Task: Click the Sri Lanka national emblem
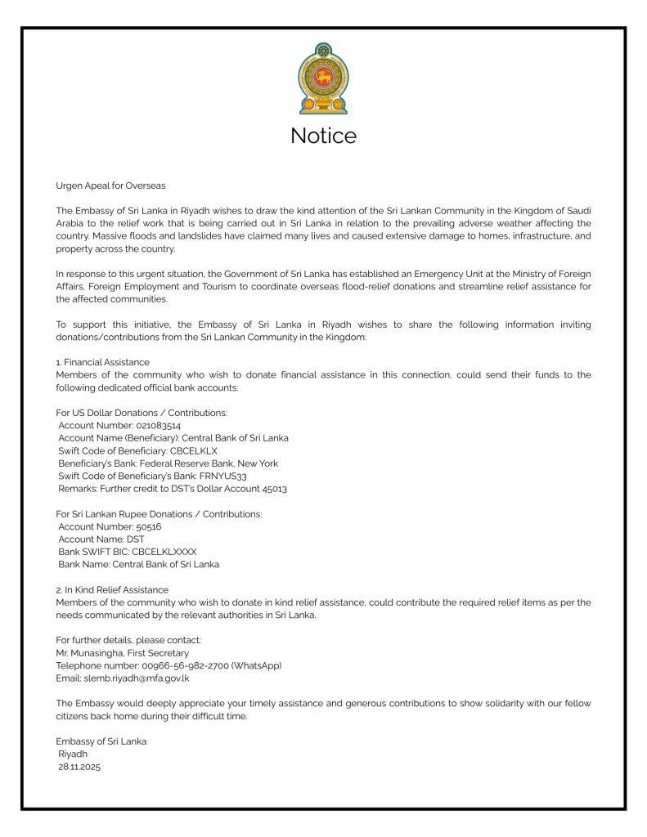(323, 79)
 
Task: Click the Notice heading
(323, 135)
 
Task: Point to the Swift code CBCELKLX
(194, 450)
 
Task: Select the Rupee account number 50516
(149, 526)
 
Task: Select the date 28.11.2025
(79, 767)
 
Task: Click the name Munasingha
(104, 652)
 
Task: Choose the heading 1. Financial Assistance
(102, 361)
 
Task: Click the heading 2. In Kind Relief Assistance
(112, 589)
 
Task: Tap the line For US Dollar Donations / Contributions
(142, 413)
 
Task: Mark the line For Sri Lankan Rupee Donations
(159, 514)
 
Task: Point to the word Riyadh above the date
(73, 754)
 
